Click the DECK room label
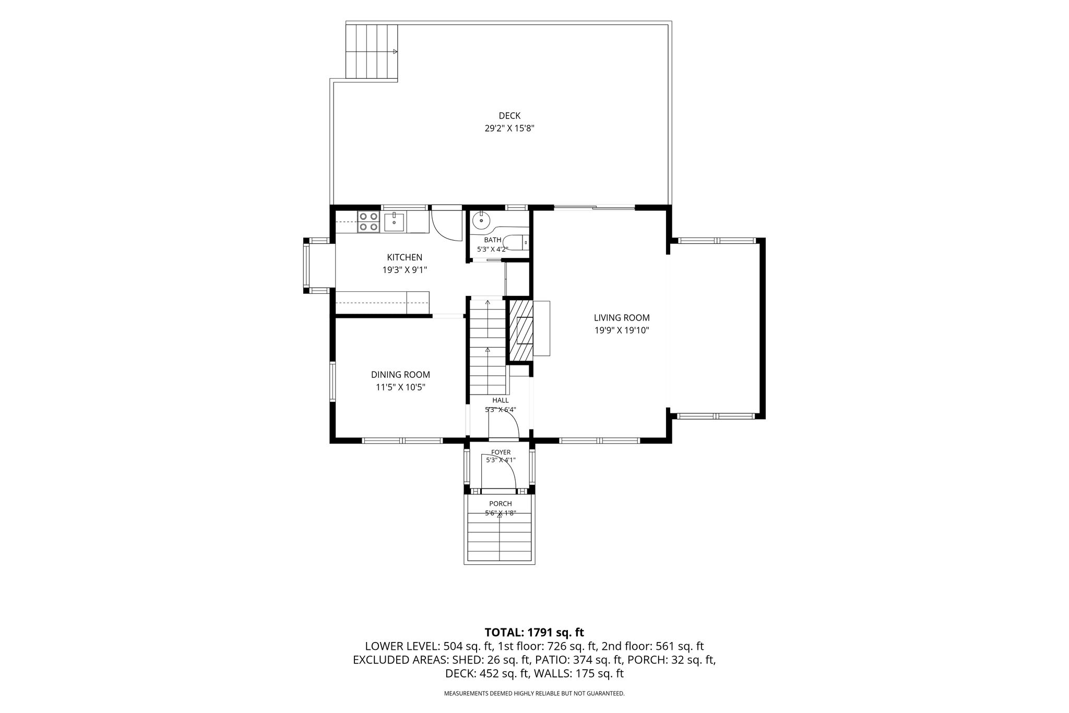click(509, 116)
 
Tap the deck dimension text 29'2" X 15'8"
click(509, 128)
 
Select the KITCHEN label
click(405, 257)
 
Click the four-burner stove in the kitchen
click(368, 221)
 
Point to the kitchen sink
click(394, 221)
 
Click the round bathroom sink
click(480, 221)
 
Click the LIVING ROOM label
click(622, 317)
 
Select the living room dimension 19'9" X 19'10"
click(622, 330)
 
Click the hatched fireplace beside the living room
click(521, 330)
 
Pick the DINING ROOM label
click(400, 375)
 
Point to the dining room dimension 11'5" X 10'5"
click(400, 387)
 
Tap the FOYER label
click(501, 452)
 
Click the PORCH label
click(501, 504)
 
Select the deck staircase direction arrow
click(396, 52)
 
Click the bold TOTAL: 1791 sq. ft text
click(534, 633)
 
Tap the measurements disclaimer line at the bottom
click(534, 694)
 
